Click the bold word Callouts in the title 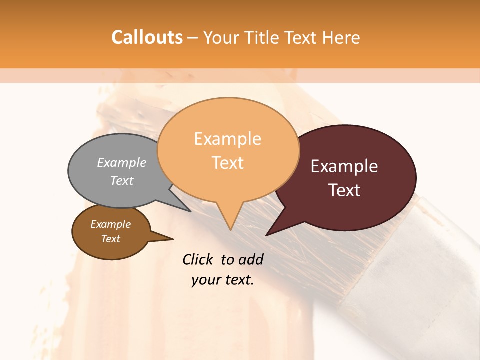coord(147,37)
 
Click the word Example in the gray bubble coord(121,162)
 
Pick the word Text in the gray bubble coord(121,180)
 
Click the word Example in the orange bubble coord(227,139)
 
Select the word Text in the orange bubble coord(227,163)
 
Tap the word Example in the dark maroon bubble coord(344,166)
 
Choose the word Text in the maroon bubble coord(344,190)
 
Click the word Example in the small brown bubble coord(110,224)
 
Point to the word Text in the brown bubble coord(110,239)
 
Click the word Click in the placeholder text coord(198,259)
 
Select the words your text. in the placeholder coord(222,280)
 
